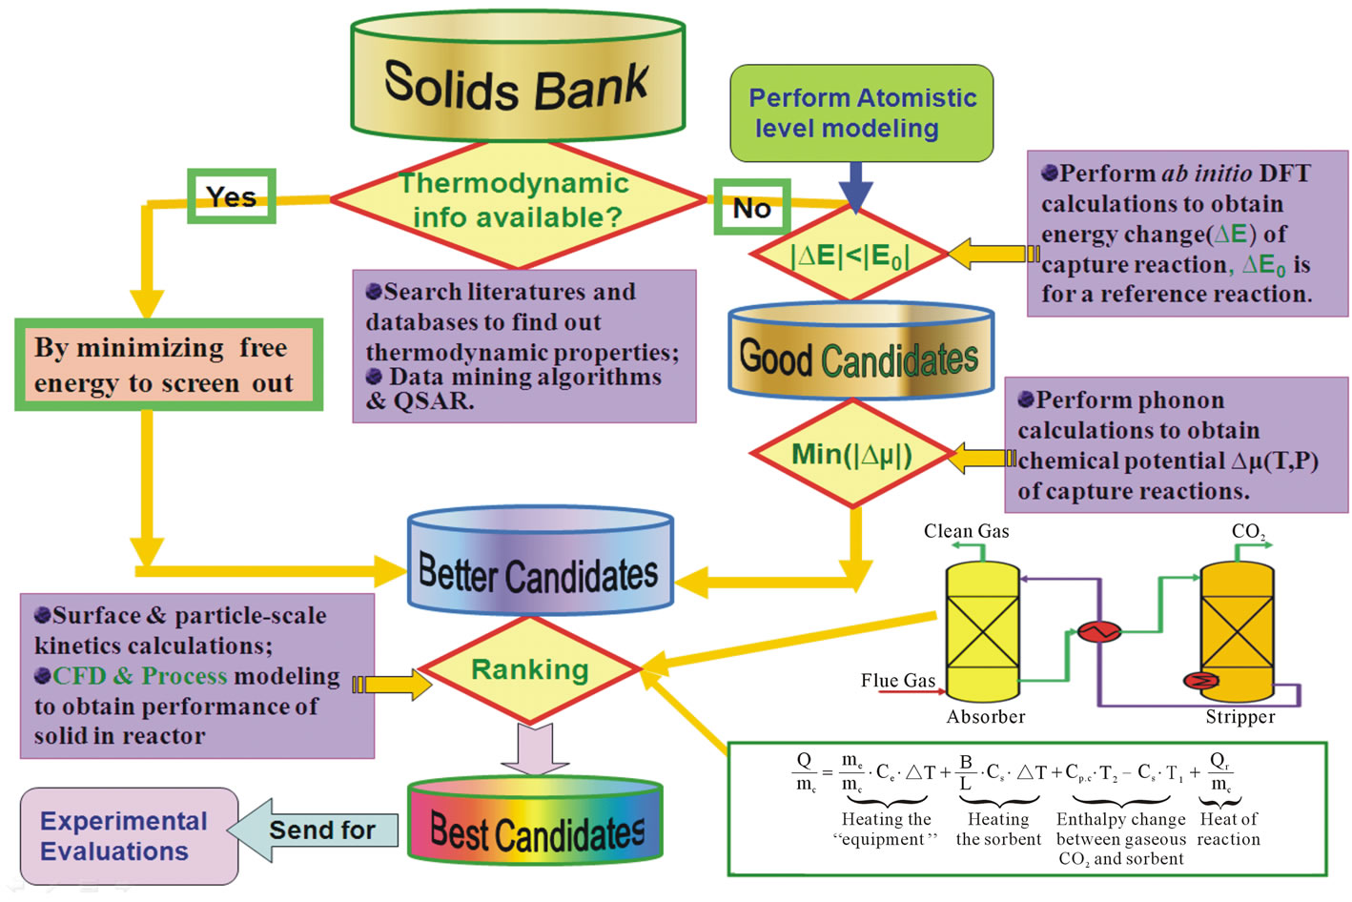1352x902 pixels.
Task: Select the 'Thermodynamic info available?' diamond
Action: [518, 201]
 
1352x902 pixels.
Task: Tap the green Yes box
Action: [232, 196]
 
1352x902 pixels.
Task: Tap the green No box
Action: [752, 207]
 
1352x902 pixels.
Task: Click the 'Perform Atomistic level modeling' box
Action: [861, 113]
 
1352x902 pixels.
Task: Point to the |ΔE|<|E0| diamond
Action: [850, 256]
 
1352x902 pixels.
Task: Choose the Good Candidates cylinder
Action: [860, 355]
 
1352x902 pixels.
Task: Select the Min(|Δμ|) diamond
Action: [851, 455]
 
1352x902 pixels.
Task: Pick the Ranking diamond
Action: [529, 670]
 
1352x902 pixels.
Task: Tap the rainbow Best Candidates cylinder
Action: [535, 826]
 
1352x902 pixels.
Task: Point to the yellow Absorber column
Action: [981, 632]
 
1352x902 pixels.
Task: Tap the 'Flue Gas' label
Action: [897, 680]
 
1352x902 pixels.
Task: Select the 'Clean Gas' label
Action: [966, 531]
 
